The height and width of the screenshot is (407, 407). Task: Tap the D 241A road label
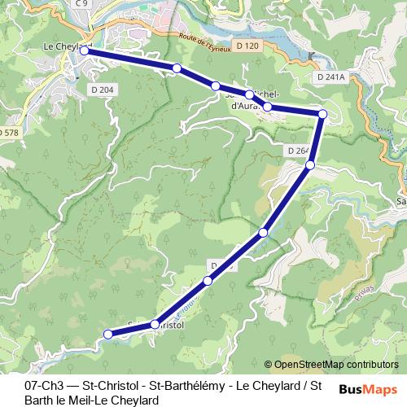[x=330, y=77]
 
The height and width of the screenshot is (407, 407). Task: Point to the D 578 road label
[x=8, y=132]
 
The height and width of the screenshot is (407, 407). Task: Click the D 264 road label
[x=298, y=151]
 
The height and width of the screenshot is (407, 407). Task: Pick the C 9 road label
[x=81, y=4]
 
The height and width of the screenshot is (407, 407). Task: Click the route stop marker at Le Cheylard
[x=83, y=50]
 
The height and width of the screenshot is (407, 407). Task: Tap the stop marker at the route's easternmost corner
[x=322, y=114]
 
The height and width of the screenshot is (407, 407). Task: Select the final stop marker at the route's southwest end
[x=107, y=334]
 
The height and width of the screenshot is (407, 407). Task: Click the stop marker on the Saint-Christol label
[x=154, y=325]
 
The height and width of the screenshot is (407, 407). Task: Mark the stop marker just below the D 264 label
[x=309, y=165]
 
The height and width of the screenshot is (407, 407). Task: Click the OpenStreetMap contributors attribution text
[x=335, y=365]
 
